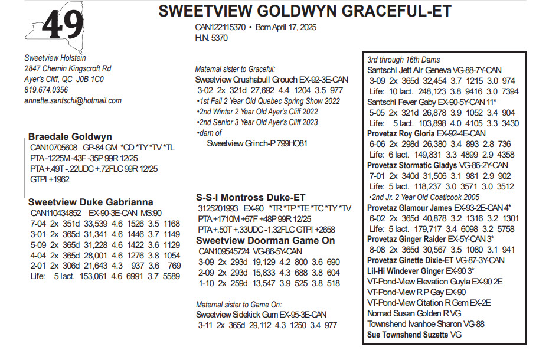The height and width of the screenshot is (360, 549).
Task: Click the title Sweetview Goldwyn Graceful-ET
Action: tap(305, 12)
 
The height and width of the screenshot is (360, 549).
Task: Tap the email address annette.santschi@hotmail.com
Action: tap(73, 100)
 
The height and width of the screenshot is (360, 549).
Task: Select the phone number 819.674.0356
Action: tap(46, 90)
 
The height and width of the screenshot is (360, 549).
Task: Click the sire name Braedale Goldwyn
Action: tap(70, 137)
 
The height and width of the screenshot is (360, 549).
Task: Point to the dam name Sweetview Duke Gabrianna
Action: tap(90, 202)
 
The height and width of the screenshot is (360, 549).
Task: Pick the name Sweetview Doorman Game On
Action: tap(265, 241)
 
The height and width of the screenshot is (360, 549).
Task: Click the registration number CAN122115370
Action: tap(220, 28)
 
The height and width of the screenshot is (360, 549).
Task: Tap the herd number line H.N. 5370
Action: tap(211, 38)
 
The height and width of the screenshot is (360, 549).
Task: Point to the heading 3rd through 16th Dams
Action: tap(403, 60)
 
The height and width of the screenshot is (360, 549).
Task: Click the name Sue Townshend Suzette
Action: tap(406, 335)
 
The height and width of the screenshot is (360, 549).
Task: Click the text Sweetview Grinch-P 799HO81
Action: tap(257, 143)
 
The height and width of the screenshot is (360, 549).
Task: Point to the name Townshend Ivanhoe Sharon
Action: tap(418, 324)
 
